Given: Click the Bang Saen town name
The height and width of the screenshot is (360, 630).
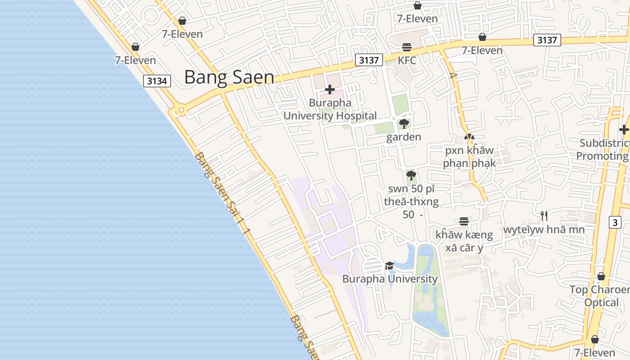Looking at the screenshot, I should tap(229, 77).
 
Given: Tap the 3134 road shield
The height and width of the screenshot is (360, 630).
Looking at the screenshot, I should tap(157, 81).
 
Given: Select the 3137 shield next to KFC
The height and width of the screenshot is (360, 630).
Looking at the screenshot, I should tap(369, 60).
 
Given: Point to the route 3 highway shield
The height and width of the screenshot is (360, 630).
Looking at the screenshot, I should tap(615, 222).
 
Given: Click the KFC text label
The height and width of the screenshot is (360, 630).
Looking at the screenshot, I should tap(407, 60).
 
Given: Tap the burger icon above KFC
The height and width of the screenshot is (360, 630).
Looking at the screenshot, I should tap(407, 47).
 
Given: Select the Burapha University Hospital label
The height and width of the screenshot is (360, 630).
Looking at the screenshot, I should tap(330, 109).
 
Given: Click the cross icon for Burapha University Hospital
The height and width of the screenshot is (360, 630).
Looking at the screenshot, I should tap(330, 90).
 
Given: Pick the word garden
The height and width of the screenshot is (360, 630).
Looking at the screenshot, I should tap(404, 137).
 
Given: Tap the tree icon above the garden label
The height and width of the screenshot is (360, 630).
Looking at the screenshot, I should tap(404, 124).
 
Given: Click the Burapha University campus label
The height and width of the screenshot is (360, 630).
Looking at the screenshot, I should tap(390, 279).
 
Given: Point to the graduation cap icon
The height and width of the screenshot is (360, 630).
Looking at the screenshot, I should tap(390, 266).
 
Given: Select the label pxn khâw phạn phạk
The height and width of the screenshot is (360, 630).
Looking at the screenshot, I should tap(469, 157).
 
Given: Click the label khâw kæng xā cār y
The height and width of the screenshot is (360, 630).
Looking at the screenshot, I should tap(464, 241).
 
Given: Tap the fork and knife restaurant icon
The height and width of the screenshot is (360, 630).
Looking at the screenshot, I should tap(544, 216).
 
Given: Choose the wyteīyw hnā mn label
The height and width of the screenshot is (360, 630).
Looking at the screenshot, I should tap(544, 229).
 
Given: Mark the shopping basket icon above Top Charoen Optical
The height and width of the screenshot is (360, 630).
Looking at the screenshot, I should tap(601, 276).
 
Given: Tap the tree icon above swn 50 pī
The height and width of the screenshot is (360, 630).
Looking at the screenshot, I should tap(411, 175).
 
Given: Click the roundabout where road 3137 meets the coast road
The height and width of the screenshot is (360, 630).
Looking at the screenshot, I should tap(181, 110).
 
